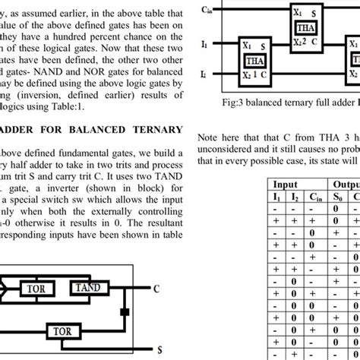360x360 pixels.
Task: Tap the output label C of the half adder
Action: (x=156, y=289)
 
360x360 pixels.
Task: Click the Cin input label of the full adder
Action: (x=207, y=11)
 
